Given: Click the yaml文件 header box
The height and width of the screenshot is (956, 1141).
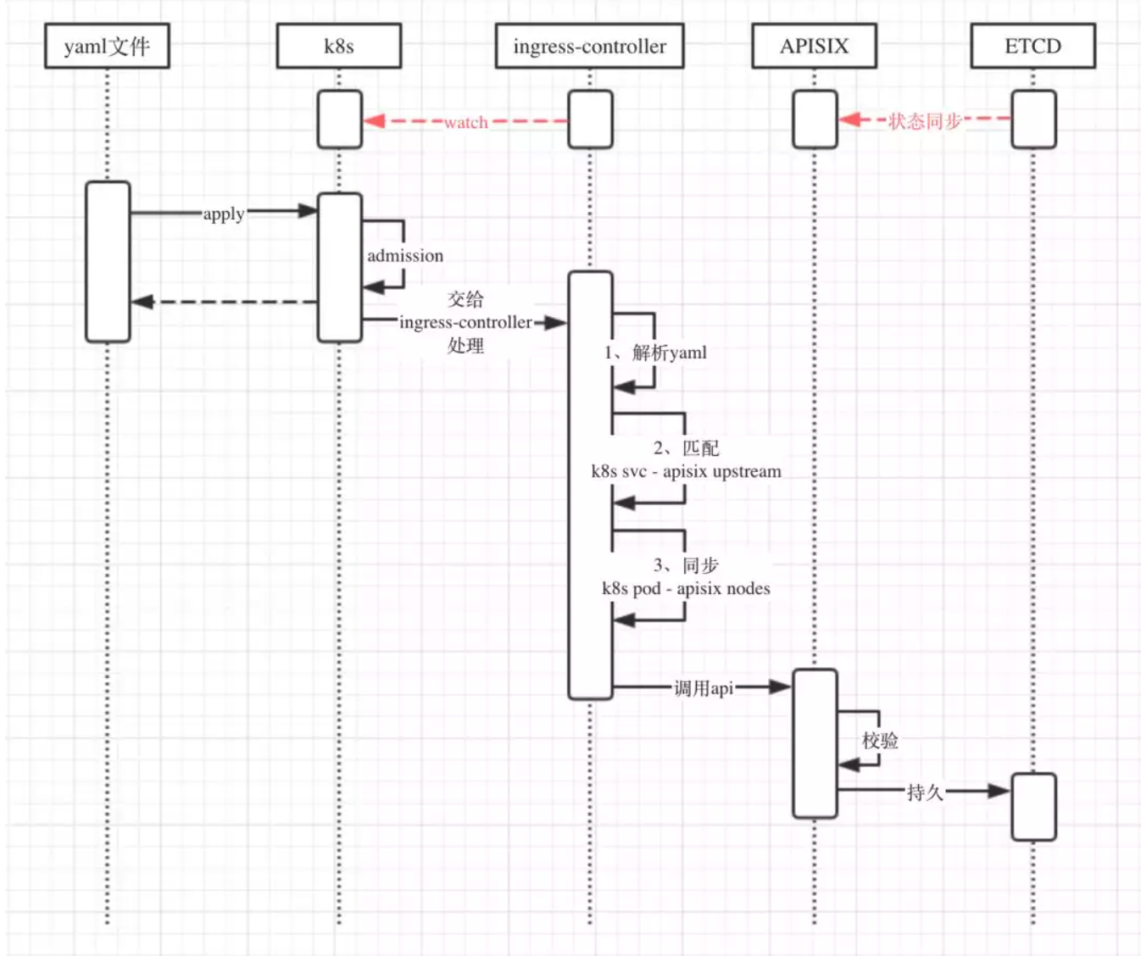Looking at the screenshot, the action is coord(107,46).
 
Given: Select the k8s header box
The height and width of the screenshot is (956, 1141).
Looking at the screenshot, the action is coord(339,46).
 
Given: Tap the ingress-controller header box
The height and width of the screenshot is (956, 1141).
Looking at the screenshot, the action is coord(590,46).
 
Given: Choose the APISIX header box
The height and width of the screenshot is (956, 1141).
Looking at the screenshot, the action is coord(815,46).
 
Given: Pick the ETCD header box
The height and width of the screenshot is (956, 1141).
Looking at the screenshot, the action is coord(1032,46).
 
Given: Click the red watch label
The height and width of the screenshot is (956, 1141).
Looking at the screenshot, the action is coord(465,122).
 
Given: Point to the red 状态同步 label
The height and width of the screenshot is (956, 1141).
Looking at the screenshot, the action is coord(925,121).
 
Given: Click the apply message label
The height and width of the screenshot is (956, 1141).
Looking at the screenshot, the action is coord(224,214).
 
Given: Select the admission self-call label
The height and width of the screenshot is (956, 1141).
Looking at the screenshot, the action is coord(405,256).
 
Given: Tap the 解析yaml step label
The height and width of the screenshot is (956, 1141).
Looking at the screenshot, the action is coord(655,353).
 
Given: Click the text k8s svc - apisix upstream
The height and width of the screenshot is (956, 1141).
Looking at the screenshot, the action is coord(687,471).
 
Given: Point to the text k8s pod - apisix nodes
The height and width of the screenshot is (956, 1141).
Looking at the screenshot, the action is coord(687,588).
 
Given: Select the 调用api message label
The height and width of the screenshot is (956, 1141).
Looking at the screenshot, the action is coord(704,688).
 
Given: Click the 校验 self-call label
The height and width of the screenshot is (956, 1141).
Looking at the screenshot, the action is coord(880,741).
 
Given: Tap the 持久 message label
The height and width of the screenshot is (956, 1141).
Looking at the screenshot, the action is coord(925,792).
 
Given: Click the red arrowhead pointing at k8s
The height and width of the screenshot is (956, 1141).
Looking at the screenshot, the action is coord(374,120).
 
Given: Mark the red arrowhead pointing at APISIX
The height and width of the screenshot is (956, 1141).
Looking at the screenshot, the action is coord(849,119).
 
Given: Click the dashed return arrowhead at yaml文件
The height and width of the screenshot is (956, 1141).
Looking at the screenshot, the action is coord(142,302).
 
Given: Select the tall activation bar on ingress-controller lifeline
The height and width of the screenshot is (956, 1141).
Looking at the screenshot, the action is coord(590,485).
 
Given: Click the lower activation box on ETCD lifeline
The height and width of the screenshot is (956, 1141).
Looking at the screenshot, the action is coord(1033,806).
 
